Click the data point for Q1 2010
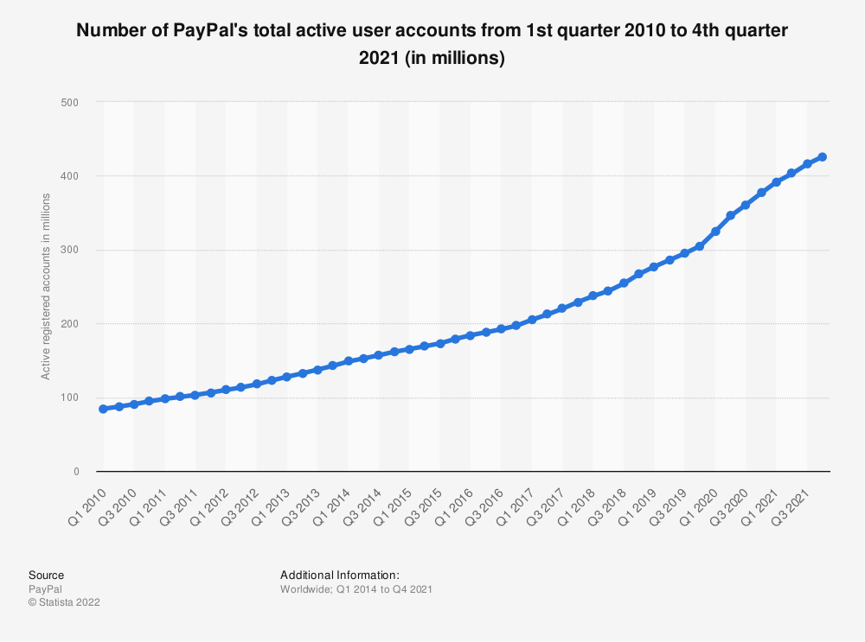(x=104, y=409)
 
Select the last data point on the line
(x=823, y=157)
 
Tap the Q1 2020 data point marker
(x=715, y=232)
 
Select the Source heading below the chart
(x=46, y=575)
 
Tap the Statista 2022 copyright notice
(x=64, y=602)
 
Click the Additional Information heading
(x=339, y=575)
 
